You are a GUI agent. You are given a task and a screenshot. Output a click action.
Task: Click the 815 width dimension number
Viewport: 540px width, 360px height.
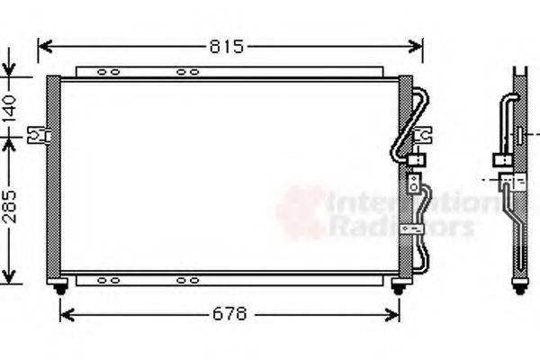click(228, 47)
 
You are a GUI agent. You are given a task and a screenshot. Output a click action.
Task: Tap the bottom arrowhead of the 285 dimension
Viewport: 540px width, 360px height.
click(9, 276)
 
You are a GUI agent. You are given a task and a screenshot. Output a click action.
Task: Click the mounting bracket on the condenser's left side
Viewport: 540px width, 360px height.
click(38, 135)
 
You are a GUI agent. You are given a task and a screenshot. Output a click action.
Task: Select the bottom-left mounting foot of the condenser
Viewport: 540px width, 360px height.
click(60, 287)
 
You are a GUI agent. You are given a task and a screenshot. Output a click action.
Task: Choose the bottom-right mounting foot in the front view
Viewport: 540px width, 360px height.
click(398, 287)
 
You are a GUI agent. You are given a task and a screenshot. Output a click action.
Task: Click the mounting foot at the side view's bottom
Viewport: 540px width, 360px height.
click(519, 287)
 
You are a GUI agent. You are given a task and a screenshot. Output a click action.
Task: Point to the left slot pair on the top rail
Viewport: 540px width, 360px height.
click(108, 72)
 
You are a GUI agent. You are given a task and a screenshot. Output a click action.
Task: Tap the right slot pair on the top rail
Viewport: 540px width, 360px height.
click(187, 72)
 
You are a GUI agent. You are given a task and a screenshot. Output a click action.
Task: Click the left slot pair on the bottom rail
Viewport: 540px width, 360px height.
click(108, 280)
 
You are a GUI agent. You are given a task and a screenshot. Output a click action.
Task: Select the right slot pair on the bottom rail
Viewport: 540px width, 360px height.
click(187, 280)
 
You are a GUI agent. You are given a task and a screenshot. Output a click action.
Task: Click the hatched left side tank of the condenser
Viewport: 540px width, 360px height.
click(53, 175)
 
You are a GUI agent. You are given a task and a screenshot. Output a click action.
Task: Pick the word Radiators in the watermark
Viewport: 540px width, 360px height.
click(400, 225)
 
